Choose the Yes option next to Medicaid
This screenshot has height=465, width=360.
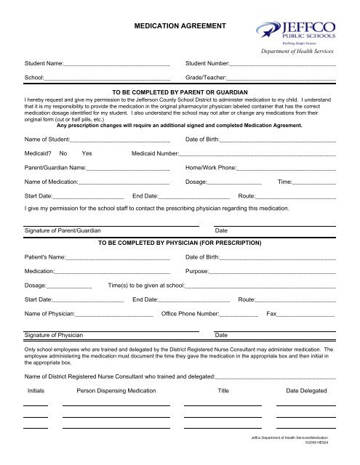pos(87,154)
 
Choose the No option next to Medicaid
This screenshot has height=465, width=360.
pos(64,154)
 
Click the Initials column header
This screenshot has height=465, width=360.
pos(36,391)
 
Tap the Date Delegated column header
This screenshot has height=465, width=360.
pos(306,391)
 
